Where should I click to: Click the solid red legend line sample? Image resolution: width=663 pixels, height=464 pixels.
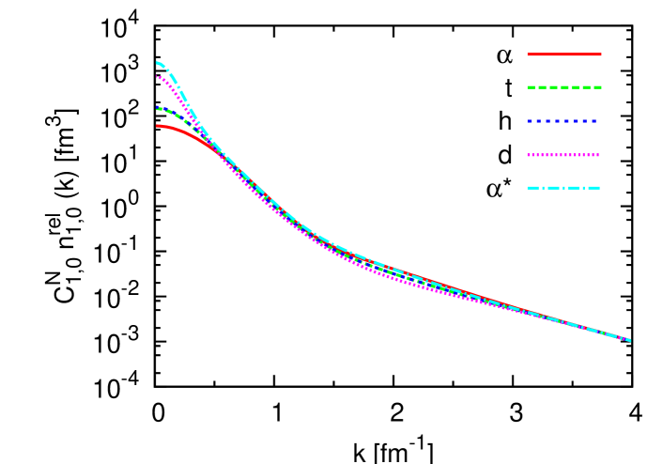click(x=563, y=54)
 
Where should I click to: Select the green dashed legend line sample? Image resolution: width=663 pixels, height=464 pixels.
click(x=563, y=87)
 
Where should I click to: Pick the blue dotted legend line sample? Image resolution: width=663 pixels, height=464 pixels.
click(x=562, y=121)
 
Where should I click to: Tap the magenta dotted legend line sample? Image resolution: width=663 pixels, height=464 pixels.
click(x=563, y=155)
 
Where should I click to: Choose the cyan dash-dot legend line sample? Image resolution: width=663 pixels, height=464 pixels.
click(x=563, y=188)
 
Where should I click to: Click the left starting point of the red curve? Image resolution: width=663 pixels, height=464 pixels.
click(x=158, y=126)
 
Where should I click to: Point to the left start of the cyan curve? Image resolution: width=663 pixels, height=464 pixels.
click(x=158, y=63)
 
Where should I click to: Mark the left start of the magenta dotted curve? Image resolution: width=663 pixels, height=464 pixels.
click(x=158, y=77)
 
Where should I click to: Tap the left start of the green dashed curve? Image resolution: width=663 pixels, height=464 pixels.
click(x=158, y=108)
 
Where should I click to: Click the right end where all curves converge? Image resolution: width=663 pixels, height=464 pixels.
click(x=628, y=340)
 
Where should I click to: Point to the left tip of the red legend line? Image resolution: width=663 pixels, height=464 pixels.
click(x=528, y=54)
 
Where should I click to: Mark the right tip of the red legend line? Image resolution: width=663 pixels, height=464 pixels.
click(x=601, y=54)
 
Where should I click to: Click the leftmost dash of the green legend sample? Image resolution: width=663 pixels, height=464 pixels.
click(x=532, y=87)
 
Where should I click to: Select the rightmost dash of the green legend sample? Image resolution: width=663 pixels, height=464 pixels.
click(x=596, y=87)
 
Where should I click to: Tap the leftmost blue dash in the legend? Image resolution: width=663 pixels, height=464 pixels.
click(x=531, y=121)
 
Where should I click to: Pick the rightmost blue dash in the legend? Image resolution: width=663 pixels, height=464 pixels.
click(x=594, y=121)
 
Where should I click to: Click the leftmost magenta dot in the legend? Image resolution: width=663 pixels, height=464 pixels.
click(x=529, y=155)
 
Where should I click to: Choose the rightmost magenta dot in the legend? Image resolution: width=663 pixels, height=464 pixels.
click(x=597, y=155)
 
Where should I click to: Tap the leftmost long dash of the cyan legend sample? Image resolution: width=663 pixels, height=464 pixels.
click(x=533, y=188)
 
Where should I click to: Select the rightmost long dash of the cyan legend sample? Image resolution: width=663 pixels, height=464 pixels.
click(x=593, y=188)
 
